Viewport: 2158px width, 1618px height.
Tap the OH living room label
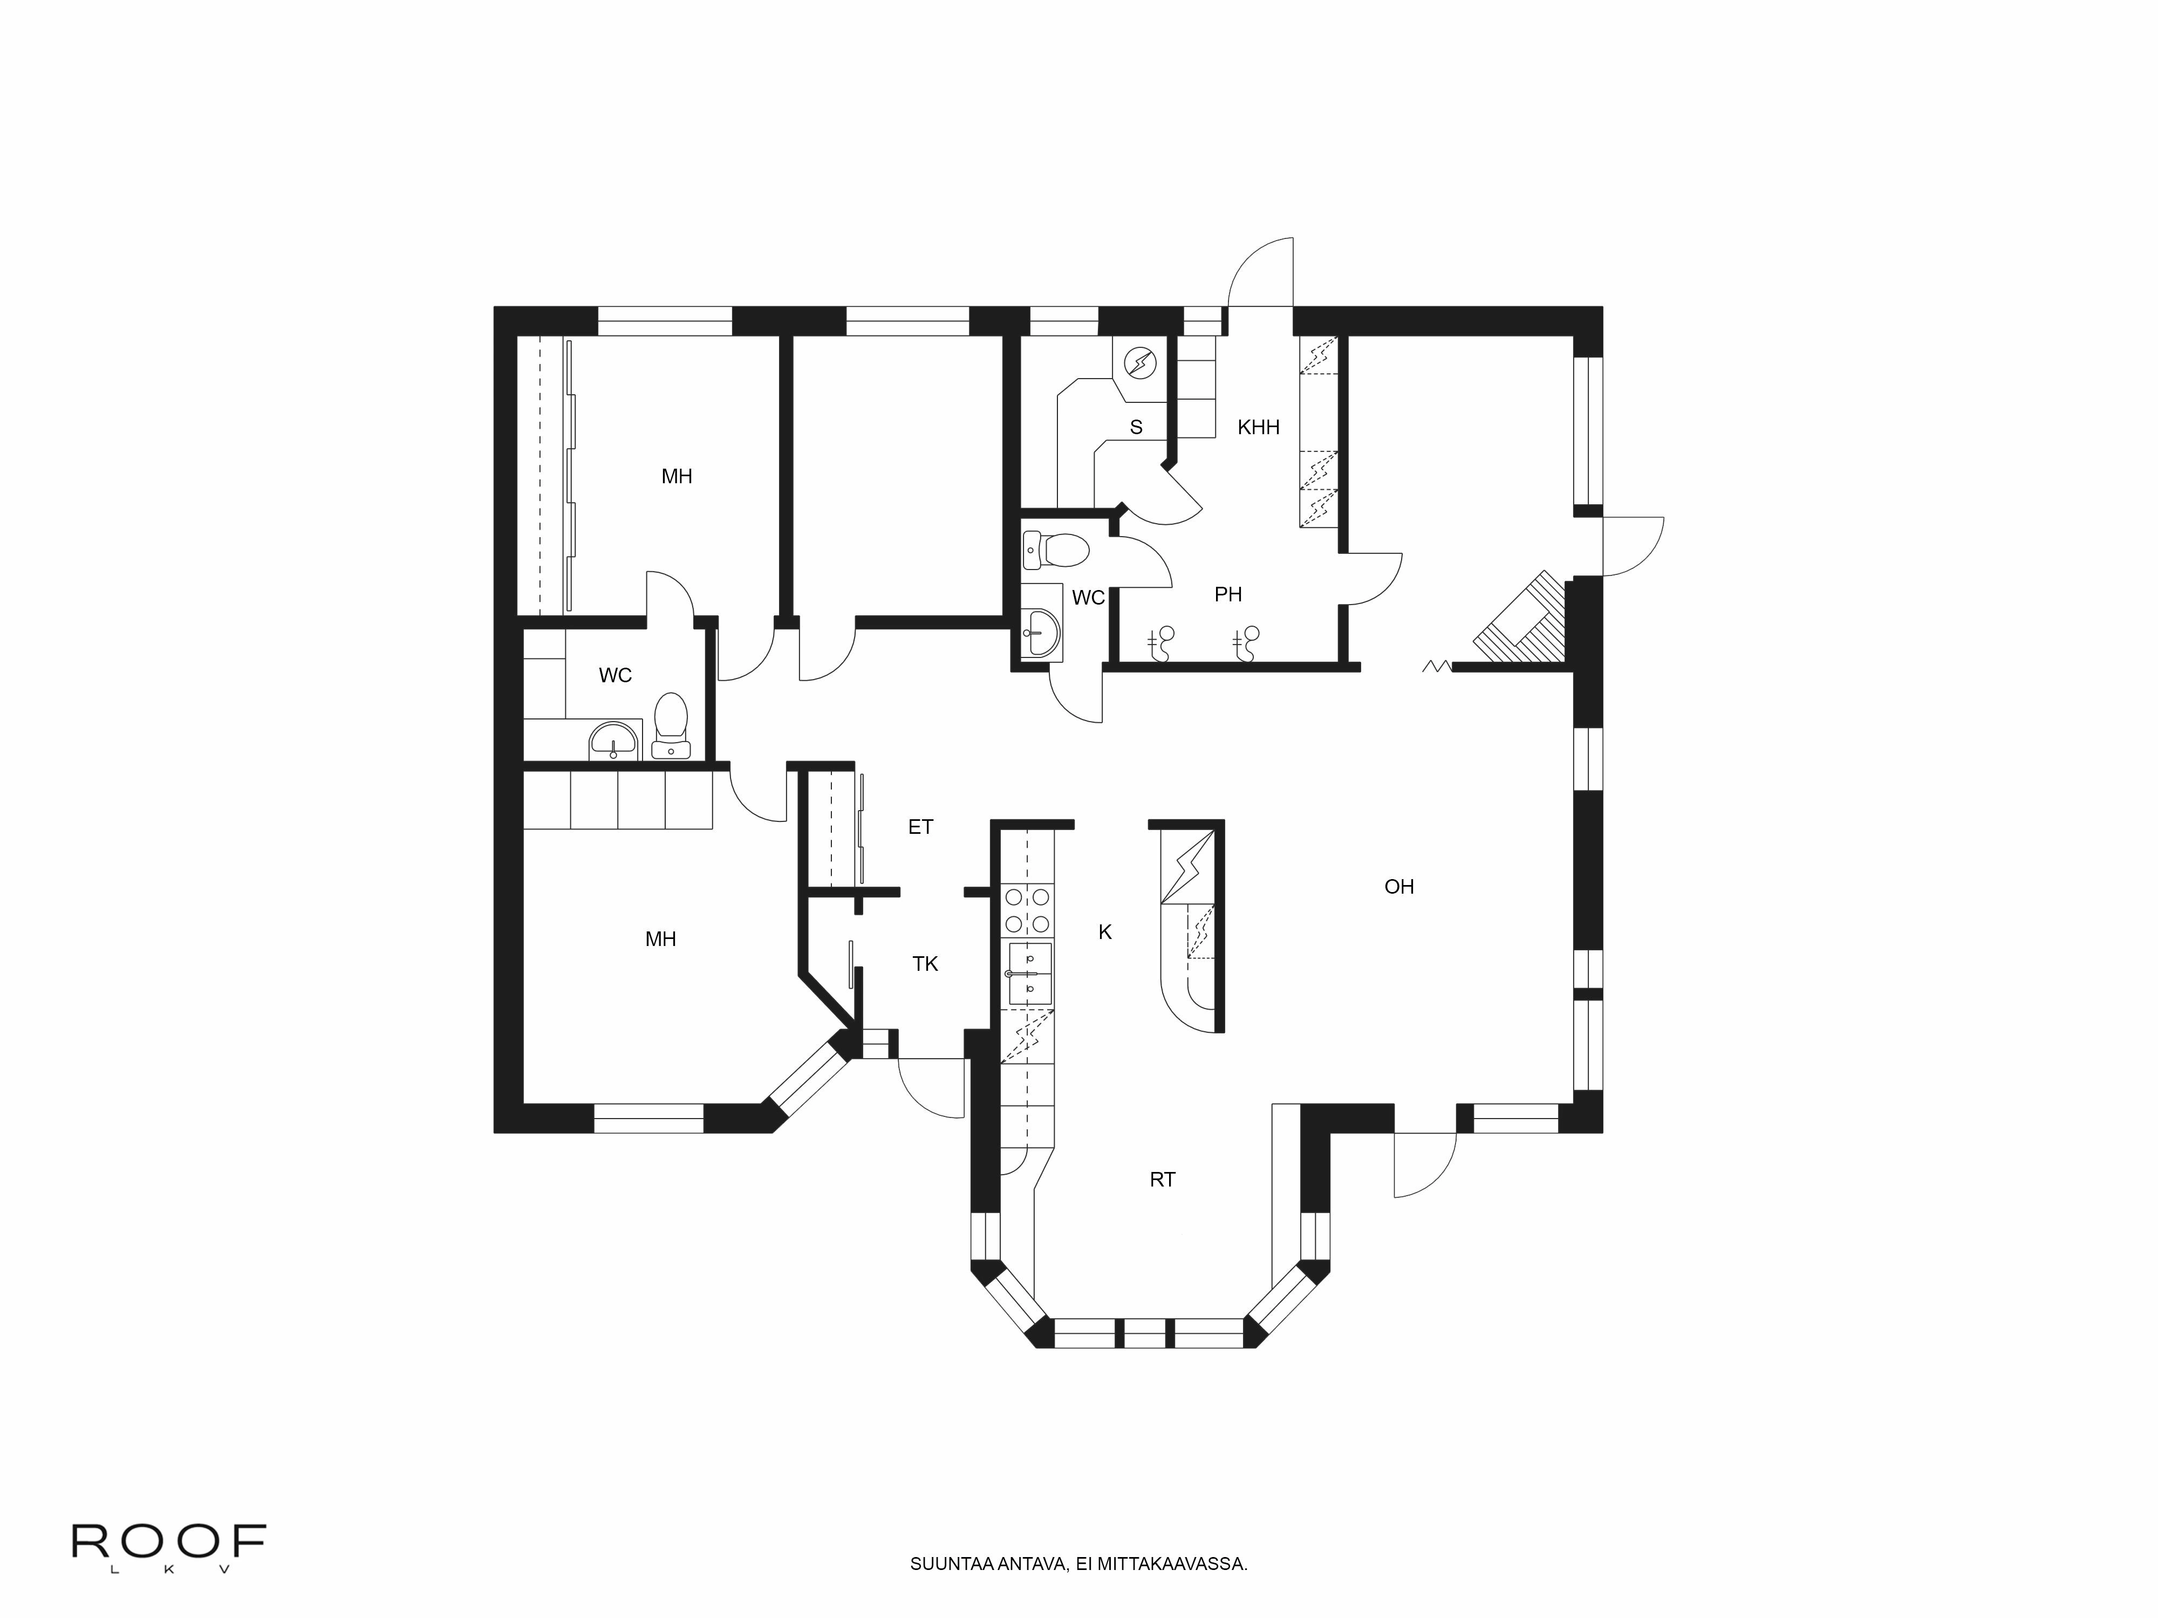[x=1399, y=887]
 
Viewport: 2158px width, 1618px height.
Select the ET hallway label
[x=920, y=827]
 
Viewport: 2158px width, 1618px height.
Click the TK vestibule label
[x=925, y=964]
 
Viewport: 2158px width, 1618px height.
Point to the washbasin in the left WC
[x=613, y=741]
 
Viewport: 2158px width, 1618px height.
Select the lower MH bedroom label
[x=660, y=939]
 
